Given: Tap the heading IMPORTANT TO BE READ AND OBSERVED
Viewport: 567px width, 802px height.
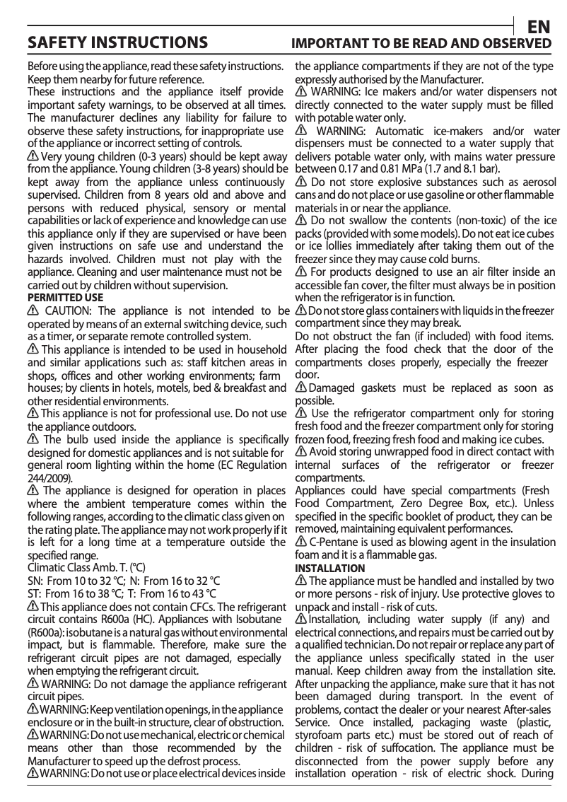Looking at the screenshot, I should coord(422,44).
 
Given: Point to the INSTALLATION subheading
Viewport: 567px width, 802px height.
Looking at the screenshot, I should coord(330,569).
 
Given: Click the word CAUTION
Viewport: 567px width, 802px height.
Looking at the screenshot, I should coord(67,311).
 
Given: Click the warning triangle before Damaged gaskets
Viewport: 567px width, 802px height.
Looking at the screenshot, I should coord(300,388).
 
